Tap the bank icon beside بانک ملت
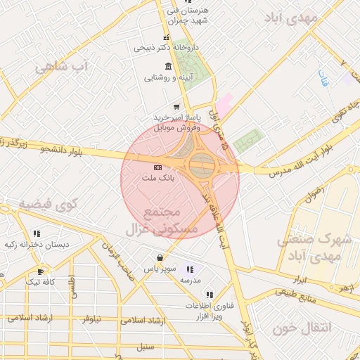[157, 167]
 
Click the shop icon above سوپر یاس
[160, 258]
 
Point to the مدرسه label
[191, 281]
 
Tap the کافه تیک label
[40, 282]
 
